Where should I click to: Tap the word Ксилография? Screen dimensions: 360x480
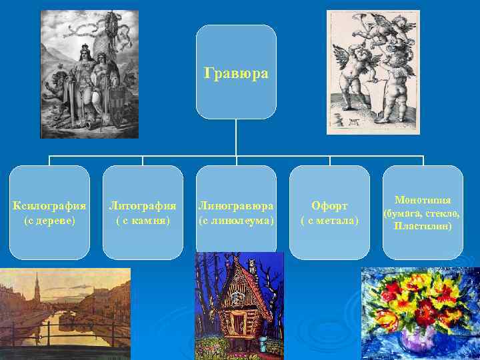50,205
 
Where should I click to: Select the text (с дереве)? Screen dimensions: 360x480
50,219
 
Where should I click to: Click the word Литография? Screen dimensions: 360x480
143,205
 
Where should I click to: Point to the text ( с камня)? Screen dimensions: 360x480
143,219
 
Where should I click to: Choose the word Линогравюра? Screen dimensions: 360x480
236,205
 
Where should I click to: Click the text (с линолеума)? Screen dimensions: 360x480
236,219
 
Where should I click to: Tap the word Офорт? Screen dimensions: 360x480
329,205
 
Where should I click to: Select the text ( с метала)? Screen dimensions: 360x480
329,220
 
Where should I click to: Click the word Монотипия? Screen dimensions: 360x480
423,200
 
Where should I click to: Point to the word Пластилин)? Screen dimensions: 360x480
423,226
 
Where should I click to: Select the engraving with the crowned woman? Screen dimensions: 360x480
89,73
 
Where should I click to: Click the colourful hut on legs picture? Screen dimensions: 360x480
239,307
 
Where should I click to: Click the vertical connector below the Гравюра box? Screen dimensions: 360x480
236,140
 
